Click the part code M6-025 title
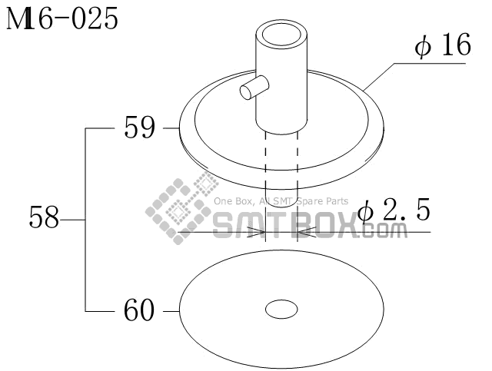(62, 18)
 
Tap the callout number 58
(44, 217)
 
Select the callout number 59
(139, 128)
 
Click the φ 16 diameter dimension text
(443, 45)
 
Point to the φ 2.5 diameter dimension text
(394, 210)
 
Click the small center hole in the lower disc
(281, 310)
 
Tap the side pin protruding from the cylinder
(254, 88)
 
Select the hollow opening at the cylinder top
(281, 35)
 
